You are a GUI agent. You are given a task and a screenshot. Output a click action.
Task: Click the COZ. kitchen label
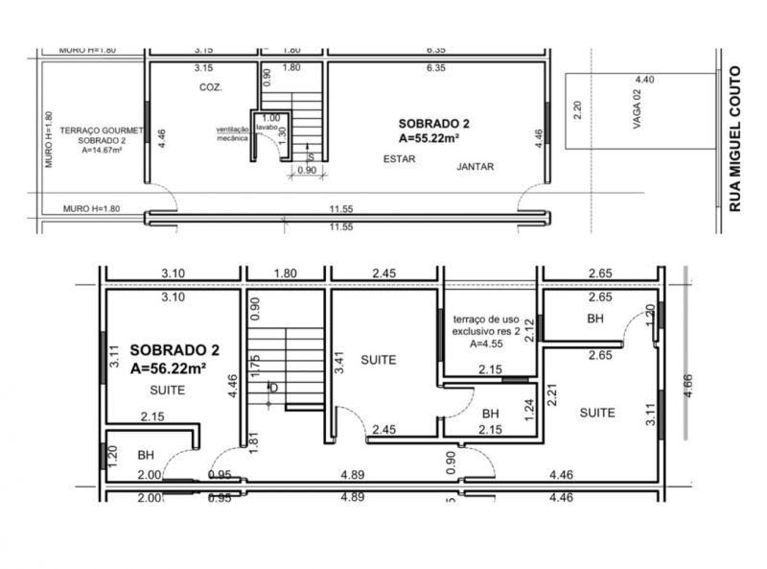click(x=211, y=87)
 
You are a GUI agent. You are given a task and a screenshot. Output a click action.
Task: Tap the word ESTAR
click(x=399, y=159)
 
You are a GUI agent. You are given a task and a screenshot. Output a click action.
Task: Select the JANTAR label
click(x=475, y=167)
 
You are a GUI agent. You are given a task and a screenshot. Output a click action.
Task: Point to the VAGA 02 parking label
click(x=637, y=109)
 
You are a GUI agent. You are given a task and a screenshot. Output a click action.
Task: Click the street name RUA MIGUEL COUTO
click(x=734, y=138)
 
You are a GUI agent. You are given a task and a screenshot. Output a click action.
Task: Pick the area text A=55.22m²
click(x=429, y=138)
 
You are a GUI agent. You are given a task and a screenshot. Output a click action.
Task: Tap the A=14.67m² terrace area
click(x=102, y=151)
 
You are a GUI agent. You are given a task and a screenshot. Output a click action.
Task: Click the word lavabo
click(x=268, y=128)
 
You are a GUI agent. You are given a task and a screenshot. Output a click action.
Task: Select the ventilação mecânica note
click(x=232, y=133)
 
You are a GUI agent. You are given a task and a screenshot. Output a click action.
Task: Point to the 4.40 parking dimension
click(x=644, y=80)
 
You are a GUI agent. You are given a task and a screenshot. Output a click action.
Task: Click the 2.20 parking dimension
click(x=578, y=109)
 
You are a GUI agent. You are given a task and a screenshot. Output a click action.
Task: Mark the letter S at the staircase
click(x=311, y=157)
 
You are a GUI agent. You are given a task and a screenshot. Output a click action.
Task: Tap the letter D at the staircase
click(x=274, y=388)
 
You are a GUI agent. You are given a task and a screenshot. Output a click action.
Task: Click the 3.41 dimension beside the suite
click(x=339, y=363)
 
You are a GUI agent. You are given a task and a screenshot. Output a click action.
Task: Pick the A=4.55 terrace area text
click(x=486, y=344)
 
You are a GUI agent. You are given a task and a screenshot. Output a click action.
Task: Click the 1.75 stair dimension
click(x=254, y=366)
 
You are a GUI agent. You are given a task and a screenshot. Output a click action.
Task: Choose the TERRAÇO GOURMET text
click(x=102, y=130)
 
